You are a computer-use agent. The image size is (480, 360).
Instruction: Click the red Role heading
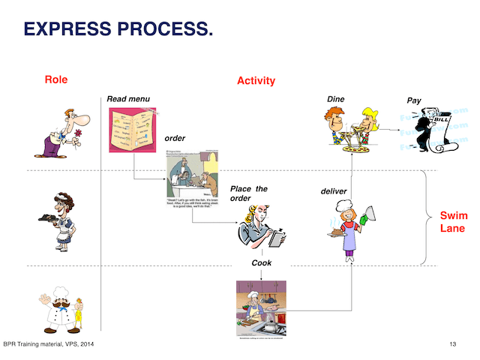click(x=56, y=79)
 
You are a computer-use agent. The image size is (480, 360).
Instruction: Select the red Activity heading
click(x=256, y=80)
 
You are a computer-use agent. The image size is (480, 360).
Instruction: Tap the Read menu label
click(x=128, y=98)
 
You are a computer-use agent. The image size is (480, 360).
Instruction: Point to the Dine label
click(x=335, y=98)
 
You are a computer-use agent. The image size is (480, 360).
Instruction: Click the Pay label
click(x=413, y=100)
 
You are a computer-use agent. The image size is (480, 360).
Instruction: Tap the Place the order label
click(x=248, y=193)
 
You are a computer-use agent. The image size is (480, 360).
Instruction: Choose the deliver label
click(x=334, y=192)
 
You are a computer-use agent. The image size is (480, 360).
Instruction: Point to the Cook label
click(x=261, y=263)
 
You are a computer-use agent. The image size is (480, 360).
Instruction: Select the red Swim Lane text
click(x=453, y=222)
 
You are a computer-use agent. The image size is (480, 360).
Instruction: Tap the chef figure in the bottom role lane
click(x=61, y=306)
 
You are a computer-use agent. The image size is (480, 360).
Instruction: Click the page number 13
click(x=453, y=344)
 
